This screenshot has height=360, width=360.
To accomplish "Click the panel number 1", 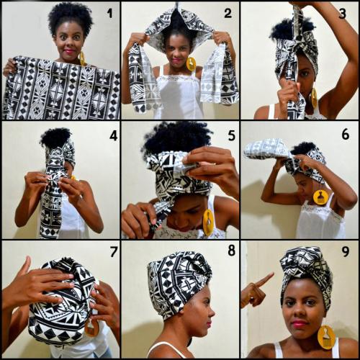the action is click(109, 13).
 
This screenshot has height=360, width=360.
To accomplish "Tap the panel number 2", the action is click(228, 13).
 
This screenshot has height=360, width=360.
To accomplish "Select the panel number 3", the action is click(343, 14).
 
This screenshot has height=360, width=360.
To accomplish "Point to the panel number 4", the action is click(113, 135).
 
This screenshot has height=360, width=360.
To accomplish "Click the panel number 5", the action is click(231, 135).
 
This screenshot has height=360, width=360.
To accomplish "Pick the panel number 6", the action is click(346, 134).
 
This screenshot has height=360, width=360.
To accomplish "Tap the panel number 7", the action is click(114, 251).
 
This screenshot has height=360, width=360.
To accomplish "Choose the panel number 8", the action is click(231, 251).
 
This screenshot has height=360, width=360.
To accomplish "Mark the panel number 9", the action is click(345, 251).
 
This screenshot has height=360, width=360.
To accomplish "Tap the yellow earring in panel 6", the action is click(320, 197).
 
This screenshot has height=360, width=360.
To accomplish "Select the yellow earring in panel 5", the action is click(208, 222).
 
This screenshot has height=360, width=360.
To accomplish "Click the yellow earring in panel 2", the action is click(192, 64).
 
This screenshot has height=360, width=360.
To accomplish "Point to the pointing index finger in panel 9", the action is click(265, 279).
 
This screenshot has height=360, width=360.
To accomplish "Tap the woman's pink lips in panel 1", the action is click(69, 51).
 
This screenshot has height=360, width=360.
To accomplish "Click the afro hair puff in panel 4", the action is click(55, 137).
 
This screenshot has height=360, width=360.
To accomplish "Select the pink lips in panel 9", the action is click(300, 324).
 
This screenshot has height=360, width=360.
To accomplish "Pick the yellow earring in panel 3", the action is click(314, 98).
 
